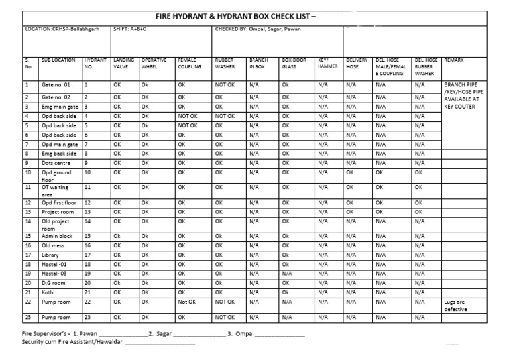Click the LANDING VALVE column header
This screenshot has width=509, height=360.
tap(124, 63)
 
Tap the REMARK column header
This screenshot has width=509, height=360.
tap(455, 60)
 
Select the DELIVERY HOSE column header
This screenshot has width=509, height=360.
tap(357, 63)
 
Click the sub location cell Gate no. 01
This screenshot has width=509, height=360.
tap(56, 85)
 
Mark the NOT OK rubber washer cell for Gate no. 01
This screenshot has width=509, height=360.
tap(225, 85)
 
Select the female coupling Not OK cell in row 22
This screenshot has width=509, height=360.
tap(188, 302)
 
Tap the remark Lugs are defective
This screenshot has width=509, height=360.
tap(456, 305)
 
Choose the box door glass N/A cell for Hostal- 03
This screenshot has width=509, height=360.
tap(287, 273)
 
